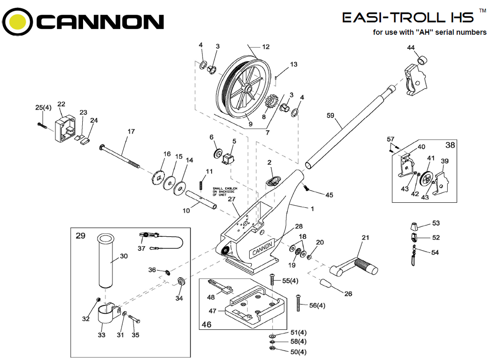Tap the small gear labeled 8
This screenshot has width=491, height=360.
(271, 102)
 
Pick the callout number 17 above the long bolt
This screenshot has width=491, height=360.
(131, 132)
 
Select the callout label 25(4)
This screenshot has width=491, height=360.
(43, 108)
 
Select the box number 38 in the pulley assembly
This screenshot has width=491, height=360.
(450, 145)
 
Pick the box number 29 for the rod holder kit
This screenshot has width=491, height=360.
(81, 236)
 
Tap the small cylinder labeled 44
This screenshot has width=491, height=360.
(422, 60)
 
